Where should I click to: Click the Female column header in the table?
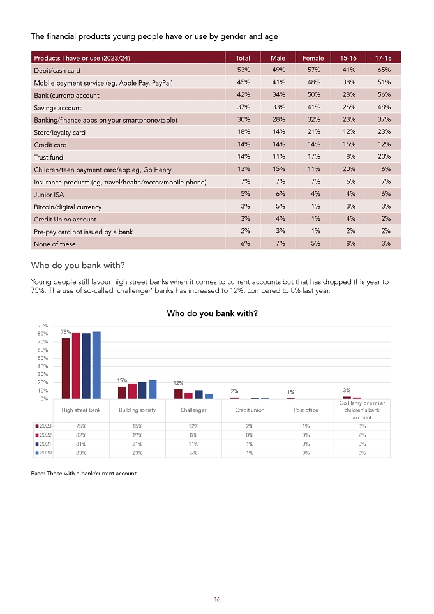click(313, 58)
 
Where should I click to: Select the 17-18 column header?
click(383, 58)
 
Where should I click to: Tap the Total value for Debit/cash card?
click(244, 70)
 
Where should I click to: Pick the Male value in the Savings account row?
click(278, 107)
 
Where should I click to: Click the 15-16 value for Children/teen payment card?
click(349, 168)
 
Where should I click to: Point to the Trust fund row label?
click(49, 157)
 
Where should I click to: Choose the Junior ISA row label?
click(49, 195)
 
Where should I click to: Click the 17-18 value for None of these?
click(386, 243)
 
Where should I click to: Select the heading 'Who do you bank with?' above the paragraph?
click(78, 265)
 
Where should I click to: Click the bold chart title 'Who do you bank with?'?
click(213, 313)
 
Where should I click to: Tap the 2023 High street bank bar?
click(66, 368)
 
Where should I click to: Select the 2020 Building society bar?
click(153, 389)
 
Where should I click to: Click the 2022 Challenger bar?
click(188, 396)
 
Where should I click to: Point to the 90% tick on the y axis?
click(43, 326)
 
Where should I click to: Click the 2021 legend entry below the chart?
click(43, 444)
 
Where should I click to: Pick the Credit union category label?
click(250, 410)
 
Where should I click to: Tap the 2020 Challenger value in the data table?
click(193, 453)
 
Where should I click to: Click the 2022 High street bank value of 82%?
click(81, 435)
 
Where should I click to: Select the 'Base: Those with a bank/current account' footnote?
click(84, 473)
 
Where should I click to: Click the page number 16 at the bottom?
click(217, 599)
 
